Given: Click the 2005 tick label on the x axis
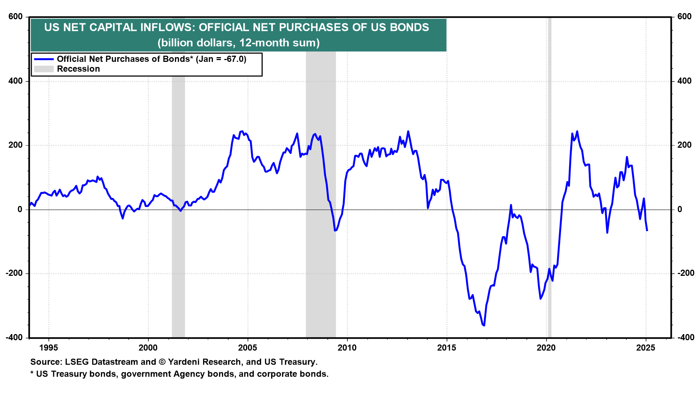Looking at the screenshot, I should tap(248, 348).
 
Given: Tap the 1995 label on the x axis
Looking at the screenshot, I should tap(48, 348).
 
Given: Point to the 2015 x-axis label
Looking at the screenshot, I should tap(447, 348).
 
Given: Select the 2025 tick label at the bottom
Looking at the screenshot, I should tap(646, 348).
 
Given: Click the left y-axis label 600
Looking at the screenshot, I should tap(15, 17).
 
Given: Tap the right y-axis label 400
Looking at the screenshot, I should tap(684, 81).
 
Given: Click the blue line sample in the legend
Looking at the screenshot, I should tap(44, 59).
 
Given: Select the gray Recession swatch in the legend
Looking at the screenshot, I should tap(44, 69).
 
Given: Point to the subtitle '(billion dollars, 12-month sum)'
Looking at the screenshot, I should tap(238, 43).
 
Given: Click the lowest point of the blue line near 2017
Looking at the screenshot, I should tap(484, 325).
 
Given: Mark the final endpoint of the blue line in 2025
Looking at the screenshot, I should tap(647, 231).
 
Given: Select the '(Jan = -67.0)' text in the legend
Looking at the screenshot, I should tap(221, 59).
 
